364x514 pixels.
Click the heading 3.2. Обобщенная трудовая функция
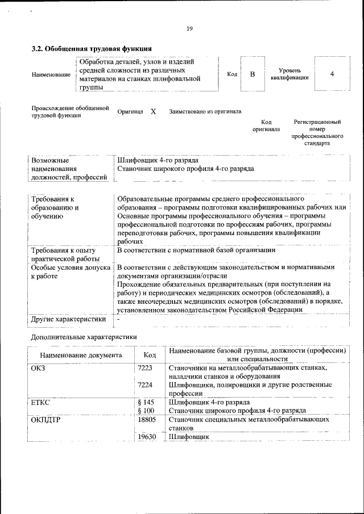(91, 48)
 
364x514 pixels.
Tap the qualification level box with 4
(332, 74)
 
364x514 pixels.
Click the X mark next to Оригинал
(153, 112)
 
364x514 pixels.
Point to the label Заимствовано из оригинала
(205, 112)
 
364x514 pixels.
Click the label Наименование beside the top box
(51, 74)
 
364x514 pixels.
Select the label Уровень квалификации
(289, 74)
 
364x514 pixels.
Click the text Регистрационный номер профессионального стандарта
(317, 133)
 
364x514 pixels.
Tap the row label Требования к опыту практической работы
(63, 254)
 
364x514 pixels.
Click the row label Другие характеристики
(69, 319)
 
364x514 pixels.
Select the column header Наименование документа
(81, 355)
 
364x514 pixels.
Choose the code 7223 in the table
(145, 369)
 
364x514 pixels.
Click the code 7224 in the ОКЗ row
(145, 385)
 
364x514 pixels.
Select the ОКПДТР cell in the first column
(47, 419)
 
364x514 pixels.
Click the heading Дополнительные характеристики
(83, 337)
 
